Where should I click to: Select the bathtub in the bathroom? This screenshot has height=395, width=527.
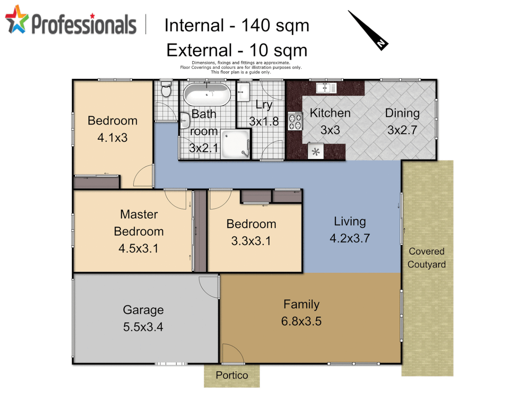click(207, 95)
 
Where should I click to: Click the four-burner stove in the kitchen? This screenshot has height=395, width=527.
click(295, 121)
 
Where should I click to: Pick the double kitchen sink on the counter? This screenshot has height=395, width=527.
click(326, 88)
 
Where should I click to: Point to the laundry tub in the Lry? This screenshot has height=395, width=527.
click(243, 91)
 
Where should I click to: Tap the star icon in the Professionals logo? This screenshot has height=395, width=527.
click(16, 20)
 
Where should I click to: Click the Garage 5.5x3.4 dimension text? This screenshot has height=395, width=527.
click(143, 327)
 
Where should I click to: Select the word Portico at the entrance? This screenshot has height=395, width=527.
click(232, 375)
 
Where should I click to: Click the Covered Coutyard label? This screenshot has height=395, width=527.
click(427, 258)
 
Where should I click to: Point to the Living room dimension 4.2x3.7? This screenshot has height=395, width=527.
click(350, 238)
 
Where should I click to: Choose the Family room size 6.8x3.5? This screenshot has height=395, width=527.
click(301, 321)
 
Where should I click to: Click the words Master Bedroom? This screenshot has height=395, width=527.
click(139, 223)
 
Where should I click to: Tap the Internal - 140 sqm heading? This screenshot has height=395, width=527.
click(237, 26)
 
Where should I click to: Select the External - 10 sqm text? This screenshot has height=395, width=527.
click(237, 50)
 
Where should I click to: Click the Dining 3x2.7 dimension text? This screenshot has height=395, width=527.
click(402, 130)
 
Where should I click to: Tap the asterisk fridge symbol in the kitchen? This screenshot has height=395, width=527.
click(316, 152)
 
